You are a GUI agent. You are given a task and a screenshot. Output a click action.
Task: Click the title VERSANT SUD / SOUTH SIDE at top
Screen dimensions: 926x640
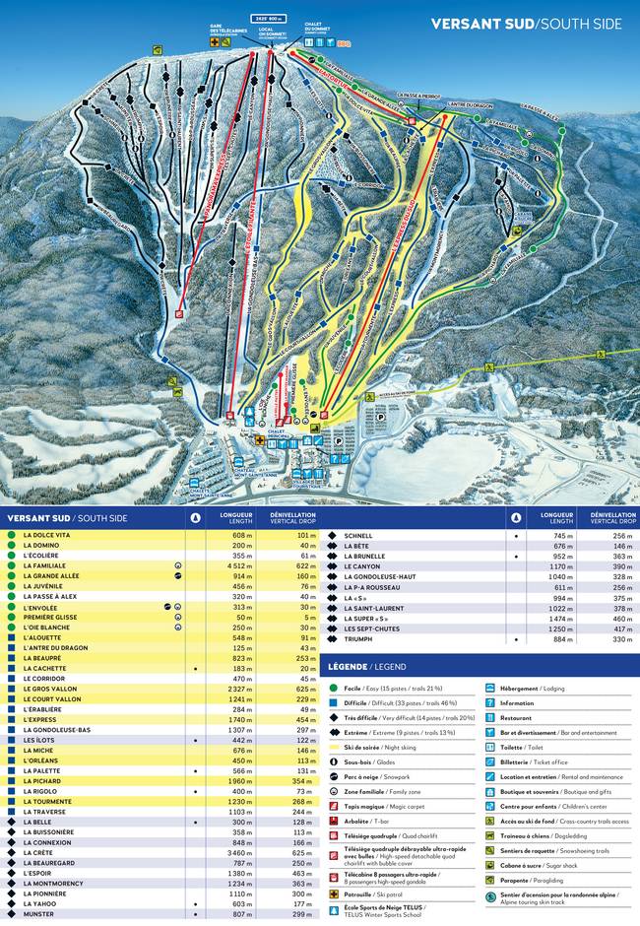526,24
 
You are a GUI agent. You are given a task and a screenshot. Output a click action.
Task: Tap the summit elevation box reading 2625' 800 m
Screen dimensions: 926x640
269,19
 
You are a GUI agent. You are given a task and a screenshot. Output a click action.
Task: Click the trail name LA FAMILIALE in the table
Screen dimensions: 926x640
44,566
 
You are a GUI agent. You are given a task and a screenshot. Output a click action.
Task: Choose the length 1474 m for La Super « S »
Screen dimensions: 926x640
554,618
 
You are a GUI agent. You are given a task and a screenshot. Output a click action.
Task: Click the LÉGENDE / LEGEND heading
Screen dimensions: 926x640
363,666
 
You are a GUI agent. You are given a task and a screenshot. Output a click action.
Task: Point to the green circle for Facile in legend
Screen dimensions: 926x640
334,689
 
